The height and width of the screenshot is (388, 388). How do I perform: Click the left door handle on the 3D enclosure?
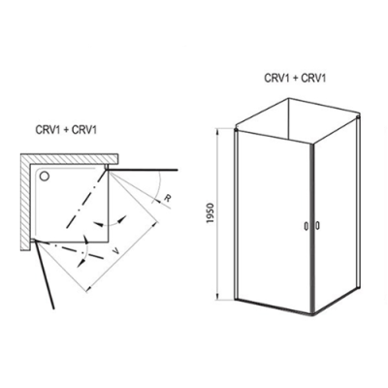(x=306, y=227)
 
